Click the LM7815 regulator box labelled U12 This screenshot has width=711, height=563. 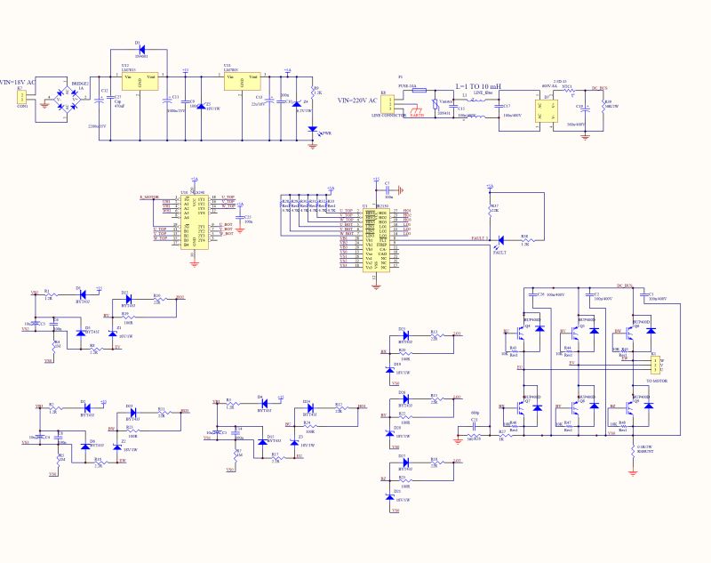[139, 81]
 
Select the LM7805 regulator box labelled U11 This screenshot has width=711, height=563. [242, 81]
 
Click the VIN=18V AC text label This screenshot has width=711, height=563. [19, 82]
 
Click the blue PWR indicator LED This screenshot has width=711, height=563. [313, 128]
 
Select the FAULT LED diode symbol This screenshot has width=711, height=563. [499, 240]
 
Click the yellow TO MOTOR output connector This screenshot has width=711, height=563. [654, 365]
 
